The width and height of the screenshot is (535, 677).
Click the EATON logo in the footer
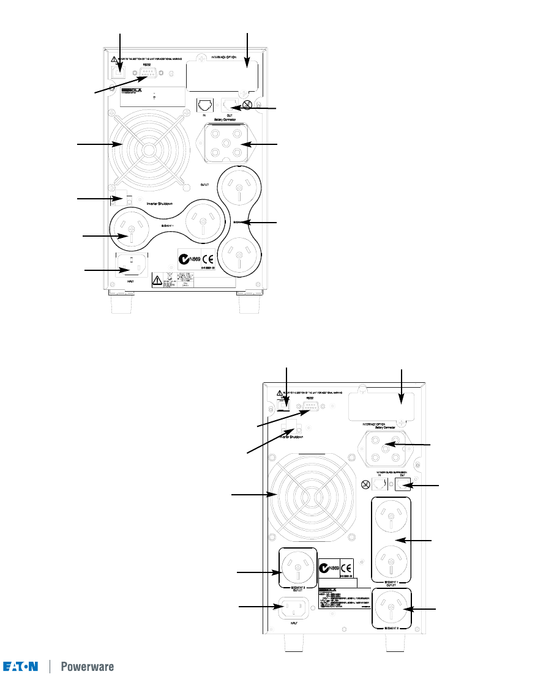(21, 666)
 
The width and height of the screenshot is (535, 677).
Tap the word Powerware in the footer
(87, 666)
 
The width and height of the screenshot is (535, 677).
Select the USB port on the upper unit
(119, 70)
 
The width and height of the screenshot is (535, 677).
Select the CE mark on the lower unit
(346, 567)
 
